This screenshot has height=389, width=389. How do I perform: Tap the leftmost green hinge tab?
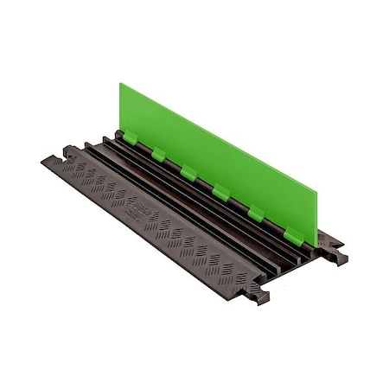pos(130,137)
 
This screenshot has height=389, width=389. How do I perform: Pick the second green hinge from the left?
pos(158,154)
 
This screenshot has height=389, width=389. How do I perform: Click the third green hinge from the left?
pos(188,172)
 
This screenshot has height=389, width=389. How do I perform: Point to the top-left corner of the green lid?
pos(120,84)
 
